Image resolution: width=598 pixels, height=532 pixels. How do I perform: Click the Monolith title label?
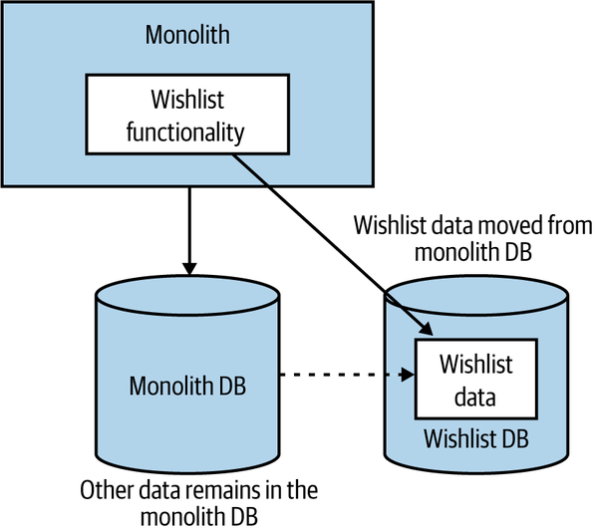(186, 35)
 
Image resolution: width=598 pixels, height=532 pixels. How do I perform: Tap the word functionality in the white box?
(186, 130)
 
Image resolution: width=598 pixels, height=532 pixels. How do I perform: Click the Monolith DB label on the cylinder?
(187, 386)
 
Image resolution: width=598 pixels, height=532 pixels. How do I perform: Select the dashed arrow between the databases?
(339, 377)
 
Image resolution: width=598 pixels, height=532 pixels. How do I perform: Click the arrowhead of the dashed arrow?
(409, 377)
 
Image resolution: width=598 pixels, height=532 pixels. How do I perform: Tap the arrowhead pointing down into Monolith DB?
(187, 268)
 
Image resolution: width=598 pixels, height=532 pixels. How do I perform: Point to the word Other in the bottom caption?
(105, 491)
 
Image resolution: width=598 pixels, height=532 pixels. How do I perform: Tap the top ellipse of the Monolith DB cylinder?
(187, 295)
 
